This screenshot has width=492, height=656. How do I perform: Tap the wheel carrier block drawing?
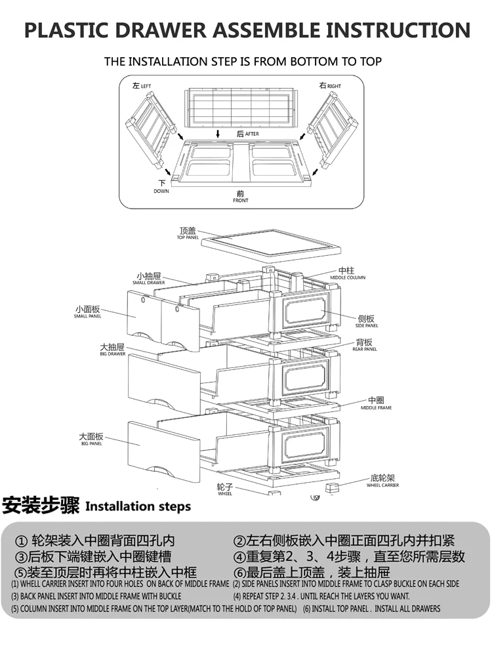(335, 489)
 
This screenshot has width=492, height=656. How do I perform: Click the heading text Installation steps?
(138, 506)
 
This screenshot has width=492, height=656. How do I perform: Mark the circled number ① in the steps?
(21, 541)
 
